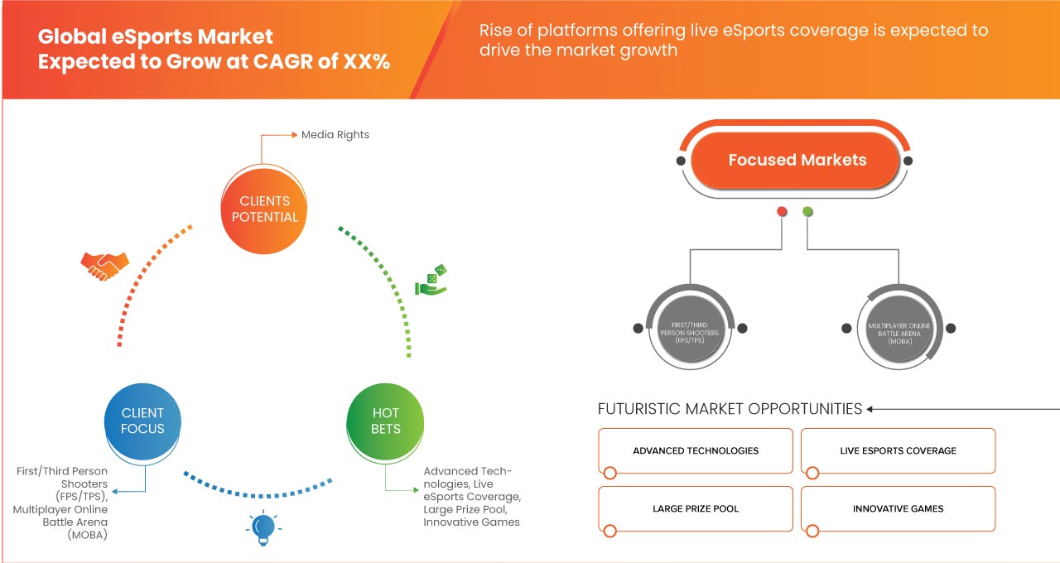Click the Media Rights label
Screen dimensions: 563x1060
335,134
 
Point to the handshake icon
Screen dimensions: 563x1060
104,264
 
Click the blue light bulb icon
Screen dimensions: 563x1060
263,528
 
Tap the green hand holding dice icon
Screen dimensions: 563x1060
431,281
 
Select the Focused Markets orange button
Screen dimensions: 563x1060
797,160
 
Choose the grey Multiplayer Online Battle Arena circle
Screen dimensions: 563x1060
899,328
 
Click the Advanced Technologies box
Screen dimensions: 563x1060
696,451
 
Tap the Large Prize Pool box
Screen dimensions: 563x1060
696,508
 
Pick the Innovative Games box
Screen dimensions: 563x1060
898,508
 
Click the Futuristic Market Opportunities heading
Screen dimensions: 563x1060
730,408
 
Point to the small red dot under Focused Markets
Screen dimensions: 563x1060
782,212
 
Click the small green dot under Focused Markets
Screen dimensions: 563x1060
807,212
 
